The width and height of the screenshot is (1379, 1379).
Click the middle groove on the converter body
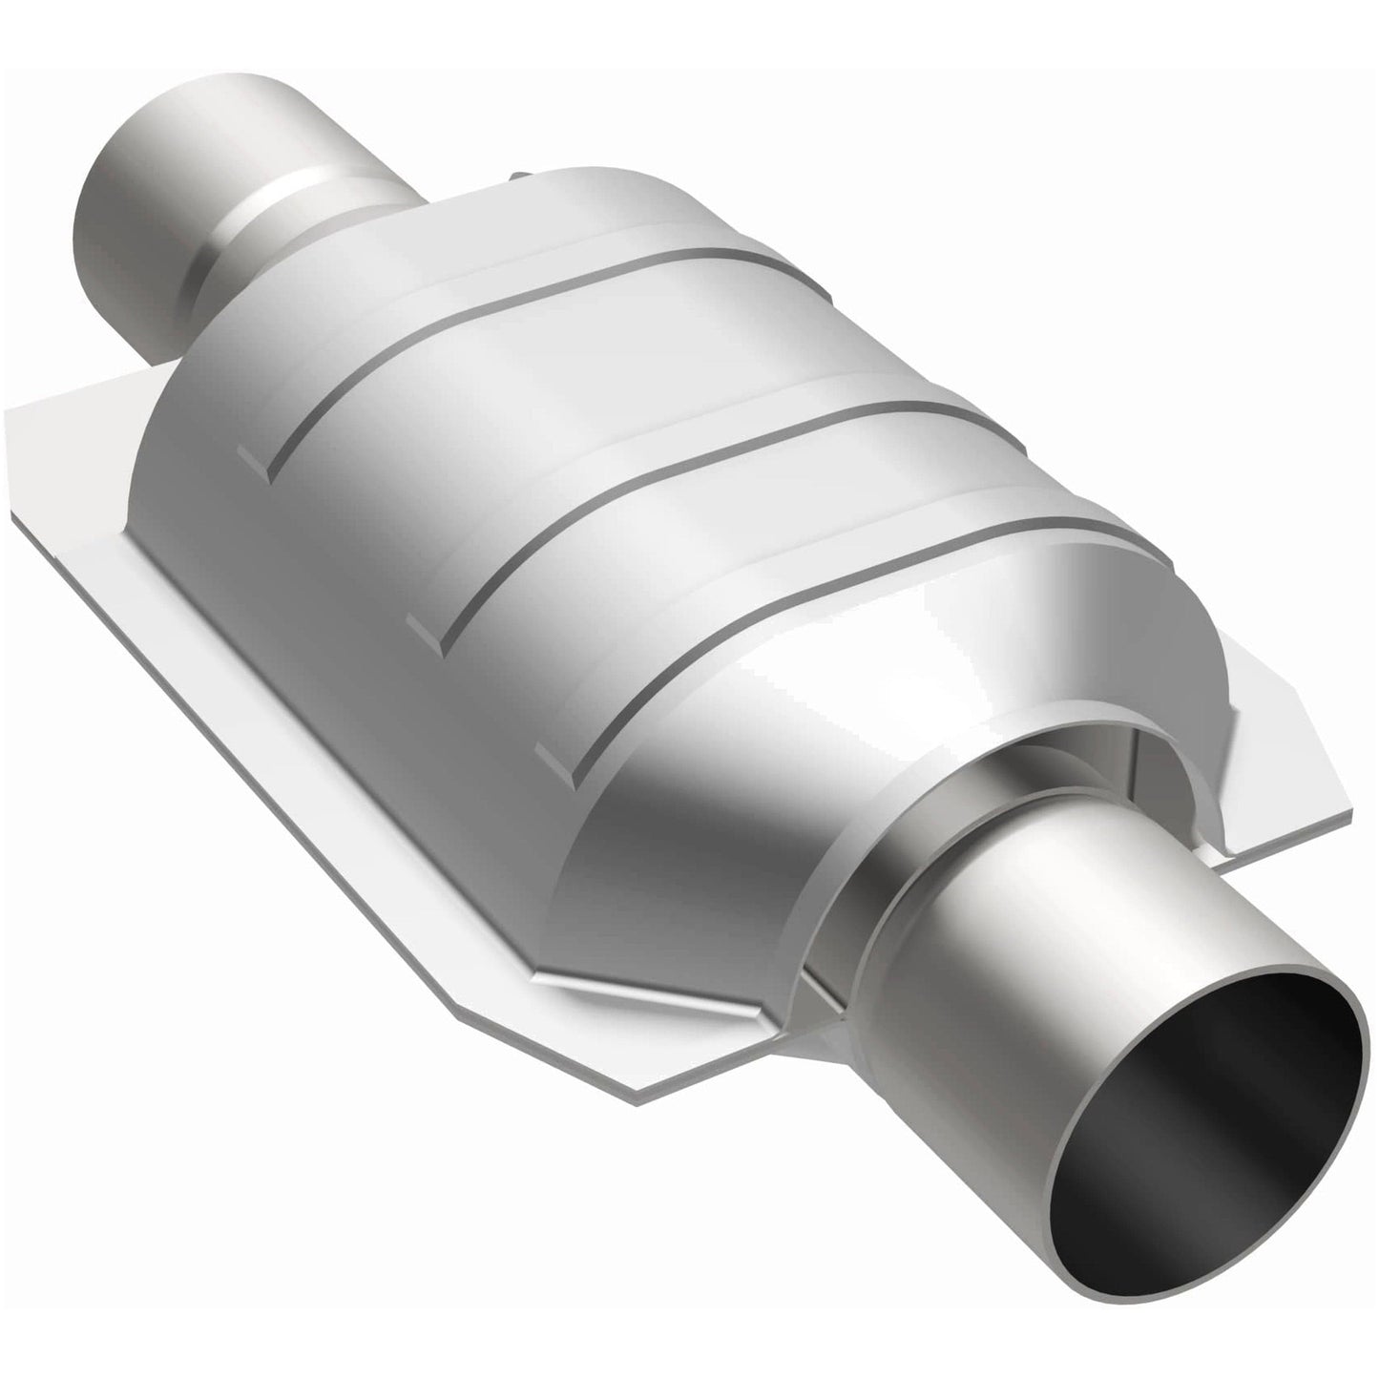668,477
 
